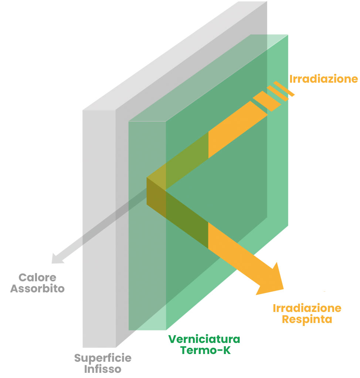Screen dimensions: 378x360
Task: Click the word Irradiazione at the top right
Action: point(323,79)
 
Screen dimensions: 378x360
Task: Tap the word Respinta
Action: point(307,319)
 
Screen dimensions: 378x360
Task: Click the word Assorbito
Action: point(37,289)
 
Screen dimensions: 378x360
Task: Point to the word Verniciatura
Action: point(204,339)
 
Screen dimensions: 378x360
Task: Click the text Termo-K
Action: point(206,350)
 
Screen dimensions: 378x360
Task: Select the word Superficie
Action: point(103,358)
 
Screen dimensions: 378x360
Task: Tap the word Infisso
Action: point(103,369)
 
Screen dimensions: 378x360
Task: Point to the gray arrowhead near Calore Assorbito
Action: point(57,258)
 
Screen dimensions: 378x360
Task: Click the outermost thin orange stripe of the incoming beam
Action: point(284,89)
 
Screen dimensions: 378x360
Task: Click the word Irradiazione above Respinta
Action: point(307,308)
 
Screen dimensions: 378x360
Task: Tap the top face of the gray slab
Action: point(174,55)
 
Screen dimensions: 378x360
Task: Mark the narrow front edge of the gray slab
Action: point(99,229)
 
